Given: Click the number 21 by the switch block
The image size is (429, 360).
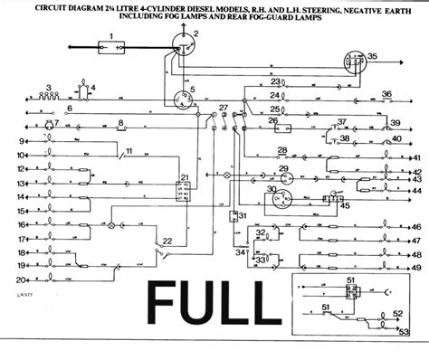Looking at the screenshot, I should [185, 177].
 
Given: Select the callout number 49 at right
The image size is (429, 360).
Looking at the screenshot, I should [415, 269].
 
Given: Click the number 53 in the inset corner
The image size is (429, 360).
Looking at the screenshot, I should [403, 333].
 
